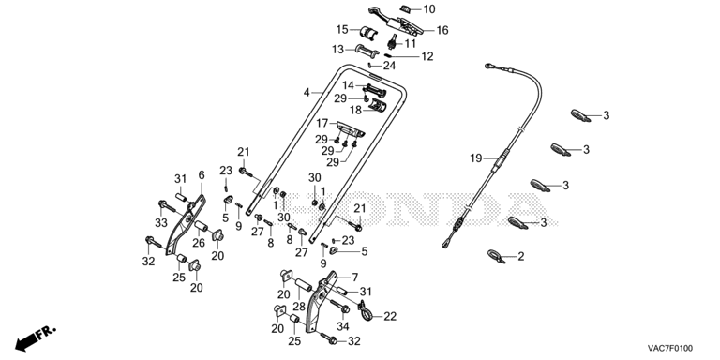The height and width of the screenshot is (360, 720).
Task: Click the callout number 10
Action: pos(428,8)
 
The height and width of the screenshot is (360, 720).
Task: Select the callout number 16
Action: pos(442,30)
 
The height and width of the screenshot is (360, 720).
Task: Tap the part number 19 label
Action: pos(475,158)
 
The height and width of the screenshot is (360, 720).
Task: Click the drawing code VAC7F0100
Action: pos(670,348)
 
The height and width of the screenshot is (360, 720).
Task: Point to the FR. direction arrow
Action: pos(35,337)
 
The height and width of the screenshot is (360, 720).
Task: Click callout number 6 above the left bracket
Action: pos(202,175)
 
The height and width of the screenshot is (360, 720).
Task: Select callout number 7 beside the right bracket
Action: pos(354,277)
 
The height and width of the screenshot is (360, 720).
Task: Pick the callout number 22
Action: pos(390,316)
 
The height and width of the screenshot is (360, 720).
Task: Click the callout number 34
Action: pos(343,326)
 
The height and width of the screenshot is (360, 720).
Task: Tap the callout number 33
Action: pos(161,222)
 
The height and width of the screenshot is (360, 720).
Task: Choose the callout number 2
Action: pos(520,256)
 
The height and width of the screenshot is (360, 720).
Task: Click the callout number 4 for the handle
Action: pos(307,92)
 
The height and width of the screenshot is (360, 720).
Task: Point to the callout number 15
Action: pos(342,30)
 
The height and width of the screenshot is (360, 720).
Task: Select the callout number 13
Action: pos(337,49)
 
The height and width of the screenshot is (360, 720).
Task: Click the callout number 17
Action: pos(322,123)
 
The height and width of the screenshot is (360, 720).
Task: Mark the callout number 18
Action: pos(355,111)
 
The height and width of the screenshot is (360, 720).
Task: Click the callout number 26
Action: pos(199,243)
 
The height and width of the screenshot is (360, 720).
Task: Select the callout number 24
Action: pos(389,66)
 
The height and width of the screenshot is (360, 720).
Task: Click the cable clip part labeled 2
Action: pos(497,255)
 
